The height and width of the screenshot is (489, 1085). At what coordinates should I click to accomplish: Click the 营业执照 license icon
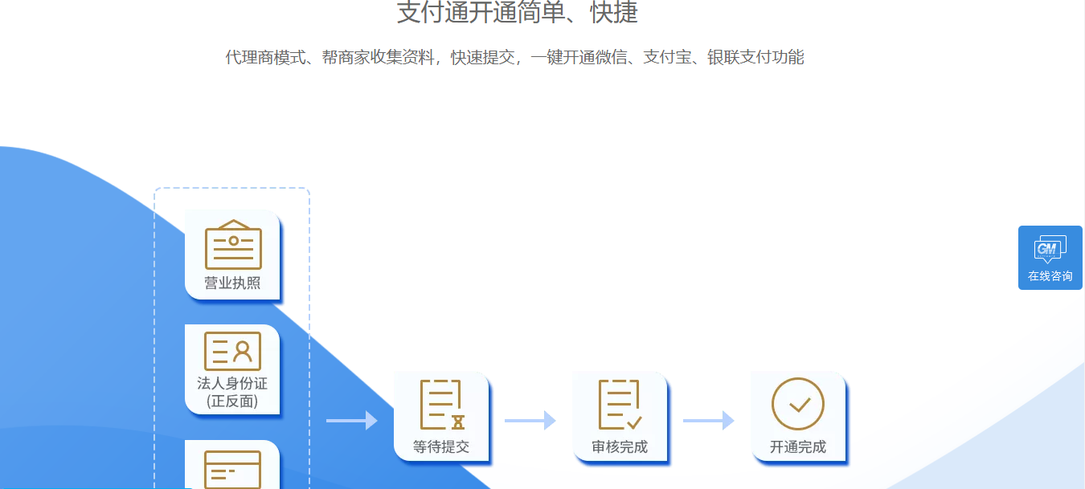click(233, 244)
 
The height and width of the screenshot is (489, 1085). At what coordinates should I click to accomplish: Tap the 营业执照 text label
click(232, 283)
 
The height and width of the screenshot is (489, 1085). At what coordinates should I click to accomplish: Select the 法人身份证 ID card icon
click(232, 351)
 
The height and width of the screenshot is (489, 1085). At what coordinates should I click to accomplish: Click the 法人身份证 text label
click(232, 384)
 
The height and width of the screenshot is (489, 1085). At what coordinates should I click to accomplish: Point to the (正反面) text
click(232, 401)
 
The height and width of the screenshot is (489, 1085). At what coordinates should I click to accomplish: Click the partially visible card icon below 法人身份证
click(232, 470)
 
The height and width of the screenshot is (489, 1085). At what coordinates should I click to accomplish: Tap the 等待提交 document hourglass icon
click(442, 405)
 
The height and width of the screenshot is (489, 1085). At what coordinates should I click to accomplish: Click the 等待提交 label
click(441, 446)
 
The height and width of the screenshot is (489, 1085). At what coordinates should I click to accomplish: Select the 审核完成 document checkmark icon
click(620, 405)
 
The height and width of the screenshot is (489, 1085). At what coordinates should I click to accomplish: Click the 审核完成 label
click(620, 446)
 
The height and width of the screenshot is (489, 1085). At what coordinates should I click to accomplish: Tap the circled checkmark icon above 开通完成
click(798, 404)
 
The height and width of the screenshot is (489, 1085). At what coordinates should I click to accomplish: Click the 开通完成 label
click(798, 446)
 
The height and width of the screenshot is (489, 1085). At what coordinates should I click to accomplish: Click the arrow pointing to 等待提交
click(352, 420)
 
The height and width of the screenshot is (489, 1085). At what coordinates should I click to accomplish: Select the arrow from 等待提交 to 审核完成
click(530, 420)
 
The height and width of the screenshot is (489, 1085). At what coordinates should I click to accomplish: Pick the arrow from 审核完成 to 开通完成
click(709, 420)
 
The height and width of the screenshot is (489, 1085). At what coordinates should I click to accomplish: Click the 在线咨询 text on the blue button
click(1050, 276)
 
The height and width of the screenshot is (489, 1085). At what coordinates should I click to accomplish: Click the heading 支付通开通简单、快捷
click(518, 13)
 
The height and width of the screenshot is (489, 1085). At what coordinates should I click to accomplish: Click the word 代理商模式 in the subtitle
click(265, 57)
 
